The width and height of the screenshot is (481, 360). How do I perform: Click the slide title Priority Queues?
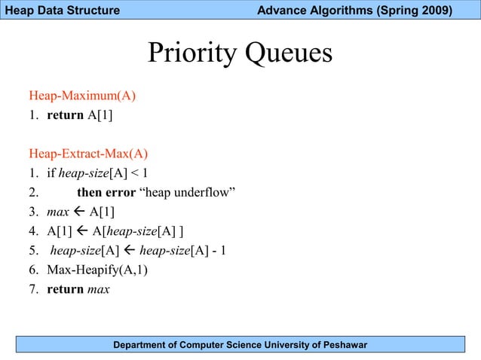point(240,54)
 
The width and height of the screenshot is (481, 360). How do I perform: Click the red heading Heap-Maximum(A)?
point(81,96)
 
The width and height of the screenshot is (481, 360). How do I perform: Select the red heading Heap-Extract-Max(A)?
point(88,154)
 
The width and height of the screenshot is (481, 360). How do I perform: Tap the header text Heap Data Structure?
point(60,11)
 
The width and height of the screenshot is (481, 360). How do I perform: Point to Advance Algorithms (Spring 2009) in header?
point(354,11)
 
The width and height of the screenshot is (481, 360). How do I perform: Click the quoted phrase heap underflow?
point(188,192)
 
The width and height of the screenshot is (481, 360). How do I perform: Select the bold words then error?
point(106,192)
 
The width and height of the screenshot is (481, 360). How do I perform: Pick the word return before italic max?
point(65,288)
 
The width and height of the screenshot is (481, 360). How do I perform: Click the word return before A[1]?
point(65,115)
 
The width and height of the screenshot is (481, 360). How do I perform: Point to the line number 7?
point(34,288)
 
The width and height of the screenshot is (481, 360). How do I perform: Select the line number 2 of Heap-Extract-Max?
point(34,192)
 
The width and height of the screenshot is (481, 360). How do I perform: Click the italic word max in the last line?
point(97,288)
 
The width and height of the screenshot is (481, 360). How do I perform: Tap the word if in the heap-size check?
point(51,173)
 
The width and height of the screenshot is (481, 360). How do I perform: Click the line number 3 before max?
point(34,212)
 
